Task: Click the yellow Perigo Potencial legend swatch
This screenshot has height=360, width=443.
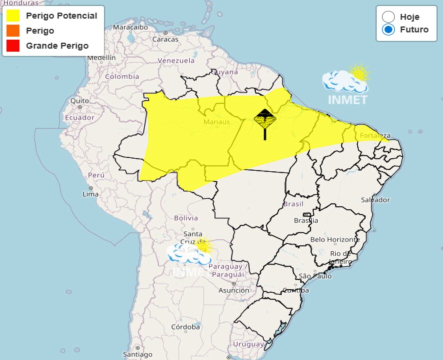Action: click(x=13, y=16)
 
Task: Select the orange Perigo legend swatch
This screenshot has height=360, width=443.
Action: click(x=13, y=31)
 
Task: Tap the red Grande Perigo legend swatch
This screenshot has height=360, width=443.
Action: click(x=13, y=45)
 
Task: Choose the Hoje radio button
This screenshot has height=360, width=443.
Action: click(x=388, y=16)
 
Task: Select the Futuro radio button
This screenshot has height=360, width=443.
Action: click(x=388, y=29)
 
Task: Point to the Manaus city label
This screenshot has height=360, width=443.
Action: click(x=216, y=121)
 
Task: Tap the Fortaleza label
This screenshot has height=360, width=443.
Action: click(x=374, y=135)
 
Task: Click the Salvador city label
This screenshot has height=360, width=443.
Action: click(x=375, y=200)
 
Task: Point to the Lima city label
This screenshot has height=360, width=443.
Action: click(x=90, y=193)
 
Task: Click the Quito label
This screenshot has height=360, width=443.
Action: click(x=79, y=100)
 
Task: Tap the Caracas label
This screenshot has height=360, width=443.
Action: click(x=165, y=39)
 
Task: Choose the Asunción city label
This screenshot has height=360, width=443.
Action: click(x=233, y=290)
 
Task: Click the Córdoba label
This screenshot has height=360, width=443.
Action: click(x=185, y=327)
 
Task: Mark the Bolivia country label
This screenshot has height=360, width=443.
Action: click(x=186, y=218)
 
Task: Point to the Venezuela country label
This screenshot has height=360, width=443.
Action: click(x=176, y=60)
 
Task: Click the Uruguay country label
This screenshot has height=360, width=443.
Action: click(x=248, y=344)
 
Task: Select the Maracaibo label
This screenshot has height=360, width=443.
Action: click(x=130, y=26)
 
